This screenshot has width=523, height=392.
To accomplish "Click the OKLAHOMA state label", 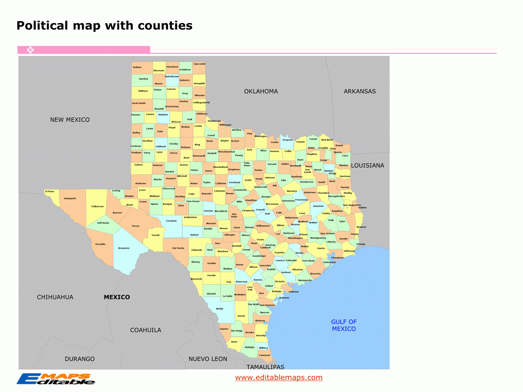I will (261, 91).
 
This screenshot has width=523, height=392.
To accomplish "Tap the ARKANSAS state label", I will (359, 91).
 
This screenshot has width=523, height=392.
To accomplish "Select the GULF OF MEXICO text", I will (344, 325).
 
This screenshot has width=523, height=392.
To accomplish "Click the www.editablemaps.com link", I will (279, 377).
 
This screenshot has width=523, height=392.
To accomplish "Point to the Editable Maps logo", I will (56, 379).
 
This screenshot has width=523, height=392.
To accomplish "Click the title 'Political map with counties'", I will (105, 26).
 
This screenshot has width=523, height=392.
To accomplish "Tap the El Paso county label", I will (49, 191).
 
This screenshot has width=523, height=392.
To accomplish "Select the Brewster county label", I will (124, 248).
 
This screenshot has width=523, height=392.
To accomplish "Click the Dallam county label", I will (137, 67).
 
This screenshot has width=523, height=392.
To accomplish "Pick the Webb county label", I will (219, 309).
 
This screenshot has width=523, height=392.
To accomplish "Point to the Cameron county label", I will (264, 355).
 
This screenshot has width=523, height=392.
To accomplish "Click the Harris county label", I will (321, 248).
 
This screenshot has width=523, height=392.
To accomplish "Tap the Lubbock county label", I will (161, 146).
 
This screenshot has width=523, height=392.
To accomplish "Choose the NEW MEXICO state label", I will (70, 120).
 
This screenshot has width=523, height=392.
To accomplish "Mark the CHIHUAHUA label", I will (55, 297).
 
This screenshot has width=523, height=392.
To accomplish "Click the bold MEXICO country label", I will (117, 297).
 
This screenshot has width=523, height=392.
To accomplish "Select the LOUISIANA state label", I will (367, 166).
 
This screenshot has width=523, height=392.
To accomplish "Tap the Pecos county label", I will (136, 226).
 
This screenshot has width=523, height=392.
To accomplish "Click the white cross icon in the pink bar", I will (30, 50).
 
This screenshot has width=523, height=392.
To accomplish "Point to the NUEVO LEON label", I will (208, 359).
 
